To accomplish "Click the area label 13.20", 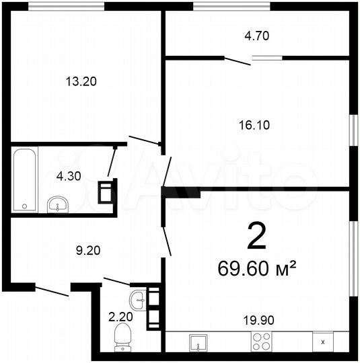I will [81, 82].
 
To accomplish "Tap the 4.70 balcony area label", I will [258, 37].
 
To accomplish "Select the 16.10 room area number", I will [258, 124].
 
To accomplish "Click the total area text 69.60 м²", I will [258, 269].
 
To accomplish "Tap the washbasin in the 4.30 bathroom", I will [59, 202].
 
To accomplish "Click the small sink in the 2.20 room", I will [139, 299].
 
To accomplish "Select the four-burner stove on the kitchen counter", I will [261, 341].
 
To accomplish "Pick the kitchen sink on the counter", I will [199, 342].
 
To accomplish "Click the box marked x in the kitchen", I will [323, 341].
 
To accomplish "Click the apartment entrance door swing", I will [52, 290].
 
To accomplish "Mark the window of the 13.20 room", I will [68, 6].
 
